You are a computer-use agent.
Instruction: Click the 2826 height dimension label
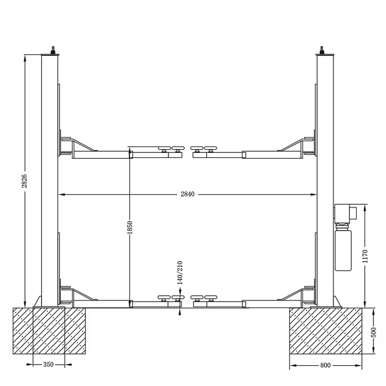[24, 181]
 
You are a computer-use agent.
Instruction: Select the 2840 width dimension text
[187, 194]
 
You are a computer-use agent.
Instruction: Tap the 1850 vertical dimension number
[130, 227]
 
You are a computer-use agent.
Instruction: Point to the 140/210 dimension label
[179, 272]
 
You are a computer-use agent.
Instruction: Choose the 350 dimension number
[48, 365]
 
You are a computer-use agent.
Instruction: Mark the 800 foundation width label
[326, 365]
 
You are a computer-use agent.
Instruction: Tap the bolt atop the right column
[321, 50]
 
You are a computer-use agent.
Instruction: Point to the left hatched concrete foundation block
[49, 331]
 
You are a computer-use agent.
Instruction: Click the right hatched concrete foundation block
[326, 331]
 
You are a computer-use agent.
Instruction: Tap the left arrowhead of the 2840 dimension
[61, 194]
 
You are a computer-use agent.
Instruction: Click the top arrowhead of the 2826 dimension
[24, 57]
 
